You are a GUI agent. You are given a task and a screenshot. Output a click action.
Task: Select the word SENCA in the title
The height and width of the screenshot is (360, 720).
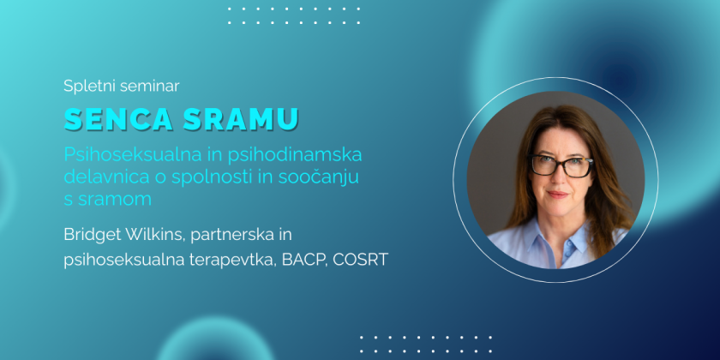point(118,119)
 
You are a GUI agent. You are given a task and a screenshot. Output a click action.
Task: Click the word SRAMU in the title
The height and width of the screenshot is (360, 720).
point(241,119)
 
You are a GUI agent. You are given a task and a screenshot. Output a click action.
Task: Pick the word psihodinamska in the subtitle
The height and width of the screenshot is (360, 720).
point(294,155)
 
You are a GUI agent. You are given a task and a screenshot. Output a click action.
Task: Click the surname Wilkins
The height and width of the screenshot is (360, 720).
point(154,235)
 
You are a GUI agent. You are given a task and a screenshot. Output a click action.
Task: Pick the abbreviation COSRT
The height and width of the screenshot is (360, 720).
point(361,260)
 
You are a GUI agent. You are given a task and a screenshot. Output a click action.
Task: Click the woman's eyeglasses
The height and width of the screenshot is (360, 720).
point(561,165)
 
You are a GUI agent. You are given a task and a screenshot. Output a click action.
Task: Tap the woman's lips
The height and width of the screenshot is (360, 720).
point(557,195)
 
